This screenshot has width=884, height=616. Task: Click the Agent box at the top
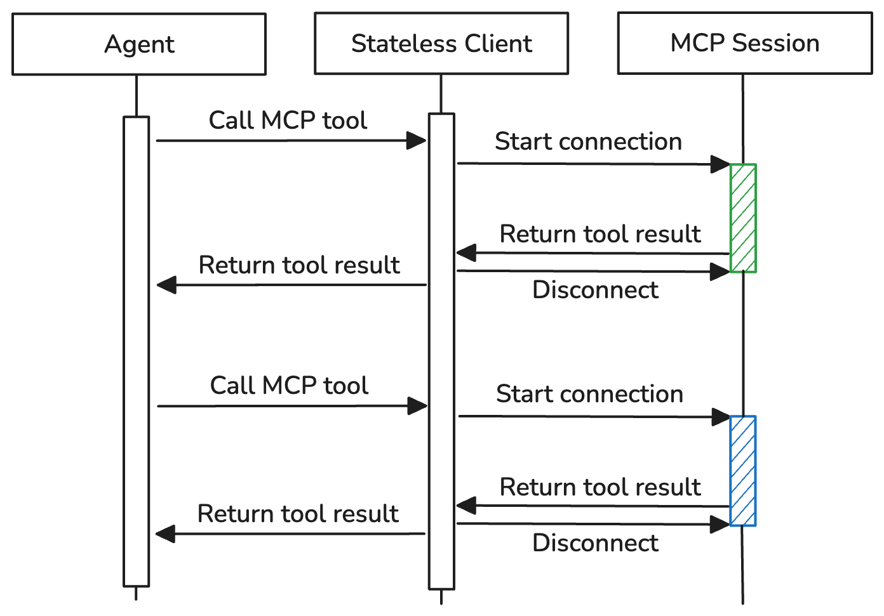(138, 44)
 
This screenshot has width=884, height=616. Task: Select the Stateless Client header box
(441, 44)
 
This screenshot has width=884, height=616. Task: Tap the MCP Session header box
(744, 43)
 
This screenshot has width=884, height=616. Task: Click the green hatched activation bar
(743, 218)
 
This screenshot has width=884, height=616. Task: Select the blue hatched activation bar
(743, 471)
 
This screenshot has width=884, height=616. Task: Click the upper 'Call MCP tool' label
(288, 121)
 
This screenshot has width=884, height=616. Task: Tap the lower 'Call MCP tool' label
(289, 386)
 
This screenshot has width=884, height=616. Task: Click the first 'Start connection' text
(588, 141)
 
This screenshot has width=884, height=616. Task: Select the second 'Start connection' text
(589, 394)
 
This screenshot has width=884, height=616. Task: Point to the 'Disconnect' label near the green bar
(595, 290)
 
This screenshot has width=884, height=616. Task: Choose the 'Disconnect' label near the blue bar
(595, 543)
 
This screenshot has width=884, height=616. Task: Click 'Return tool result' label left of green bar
(600, 234)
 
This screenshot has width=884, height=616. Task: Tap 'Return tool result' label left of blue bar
(600, 487)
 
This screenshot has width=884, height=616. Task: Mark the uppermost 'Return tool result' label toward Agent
(299, 265)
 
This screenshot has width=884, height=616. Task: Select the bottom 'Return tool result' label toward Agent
(298, 514)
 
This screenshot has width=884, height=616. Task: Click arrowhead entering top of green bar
(720, 164)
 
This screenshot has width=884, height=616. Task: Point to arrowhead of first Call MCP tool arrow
(417, 141)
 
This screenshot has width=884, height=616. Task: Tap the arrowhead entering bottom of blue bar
(720, 524)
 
